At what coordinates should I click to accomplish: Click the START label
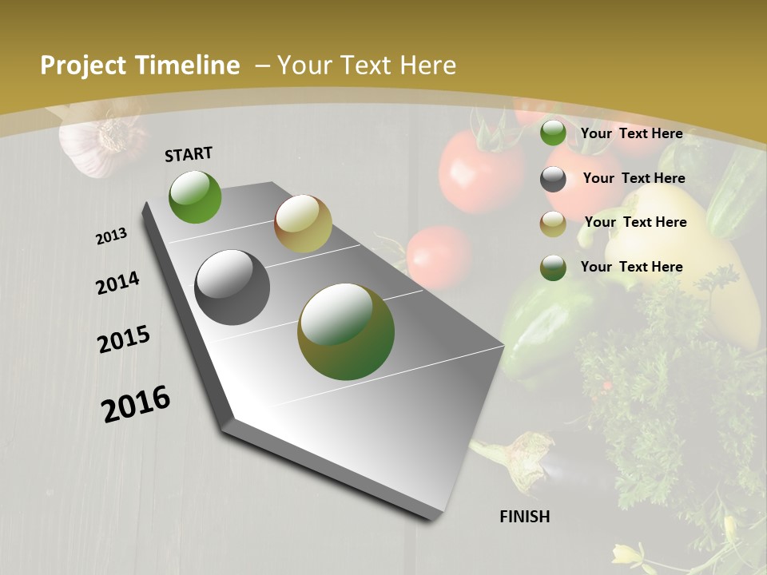pos(189,154)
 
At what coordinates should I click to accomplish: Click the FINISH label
pos(525,517)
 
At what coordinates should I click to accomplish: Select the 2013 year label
pos(112,236)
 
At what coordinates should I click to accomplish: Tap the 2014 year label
pos(118,284)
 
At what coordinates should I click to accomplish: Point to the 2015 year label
pos(124,340)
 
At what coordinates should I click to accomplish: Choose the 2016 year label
pos(136,403)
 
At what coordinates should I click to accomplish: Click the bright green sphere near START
pos(195,197)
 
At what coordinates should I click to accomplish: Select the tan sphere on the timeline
pos(303,224)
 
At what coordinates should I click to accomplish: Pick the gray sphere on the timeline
pos(232,287)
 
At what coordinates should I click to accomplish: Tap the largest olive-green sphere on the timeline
pos(346,331)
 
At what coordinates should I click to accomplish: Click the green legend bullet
pos(553,133)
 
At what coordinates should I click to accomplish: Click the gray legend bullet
pos(553,179)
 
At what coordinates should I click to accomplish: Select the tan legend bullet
pos(553,224)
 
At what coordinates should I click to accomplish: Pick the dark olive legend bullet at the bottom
pos(553,268)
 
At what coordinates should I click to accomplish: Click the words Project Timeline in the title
pos(140,65)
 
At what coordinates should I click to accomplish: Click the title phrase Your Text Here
pos(367,65)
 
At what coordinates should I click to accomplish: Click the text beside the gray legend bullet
pos(634,178)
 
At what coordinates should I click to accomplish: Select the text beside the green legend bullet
pos(631,133)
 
